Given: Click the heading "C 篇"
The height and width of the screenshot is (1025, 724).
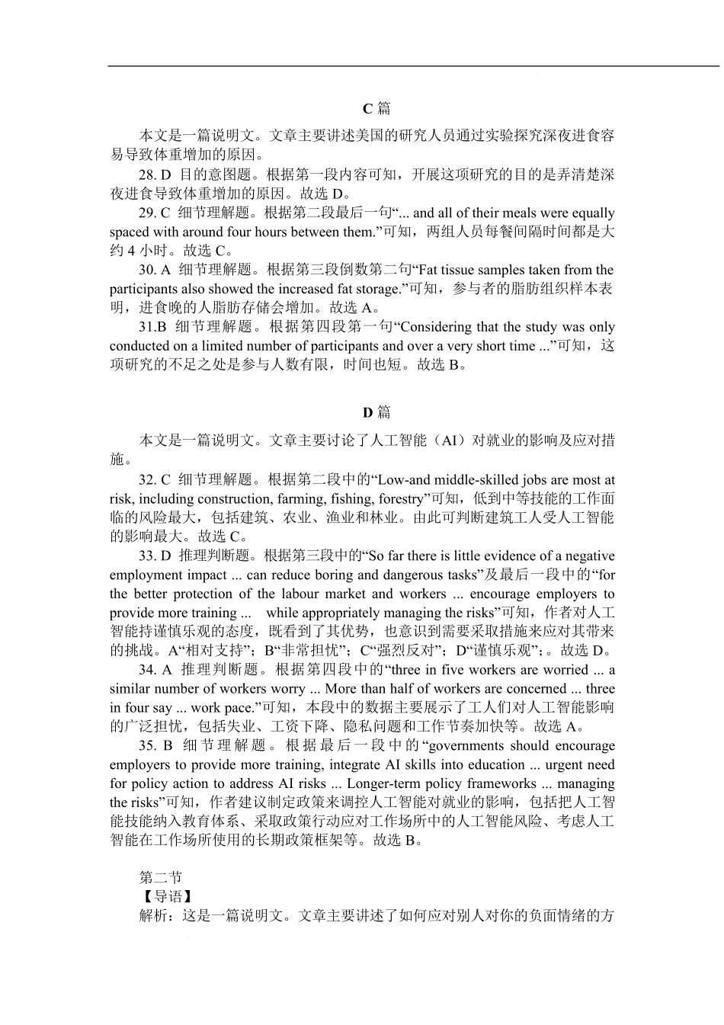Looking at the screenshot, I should point(376,108).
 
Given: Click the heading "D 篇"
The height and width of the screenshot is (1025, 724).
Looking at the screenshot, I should point(376,412).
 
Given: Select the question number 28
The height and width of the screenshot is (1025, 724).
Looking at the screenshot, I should point(147,175).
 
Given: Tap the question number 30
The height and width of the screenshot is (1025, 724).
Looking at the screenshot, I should point(147,270).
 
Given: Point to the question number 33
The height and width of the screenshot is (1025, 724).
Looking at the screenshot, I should point(147,556).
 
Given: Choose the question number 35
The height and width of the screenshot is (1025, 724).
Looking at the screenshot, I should point(147,746).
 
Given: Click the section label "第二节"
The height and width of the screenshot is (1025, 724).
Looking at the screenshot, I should point(160,878).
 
